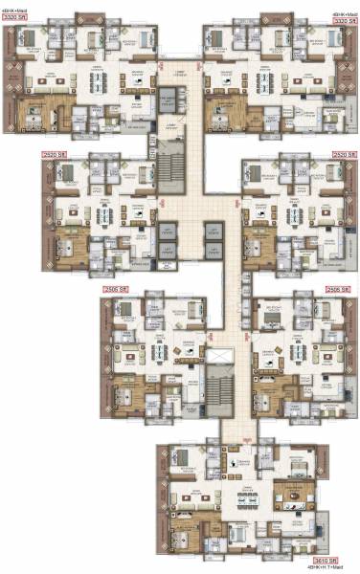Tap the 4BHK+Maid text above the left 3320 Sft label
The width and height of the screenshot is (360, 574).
pyautogui.click(x=13, y=11)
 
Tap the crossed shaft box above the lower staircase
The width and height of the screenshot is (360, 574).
pyautogui.click(x=220, y=358)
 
